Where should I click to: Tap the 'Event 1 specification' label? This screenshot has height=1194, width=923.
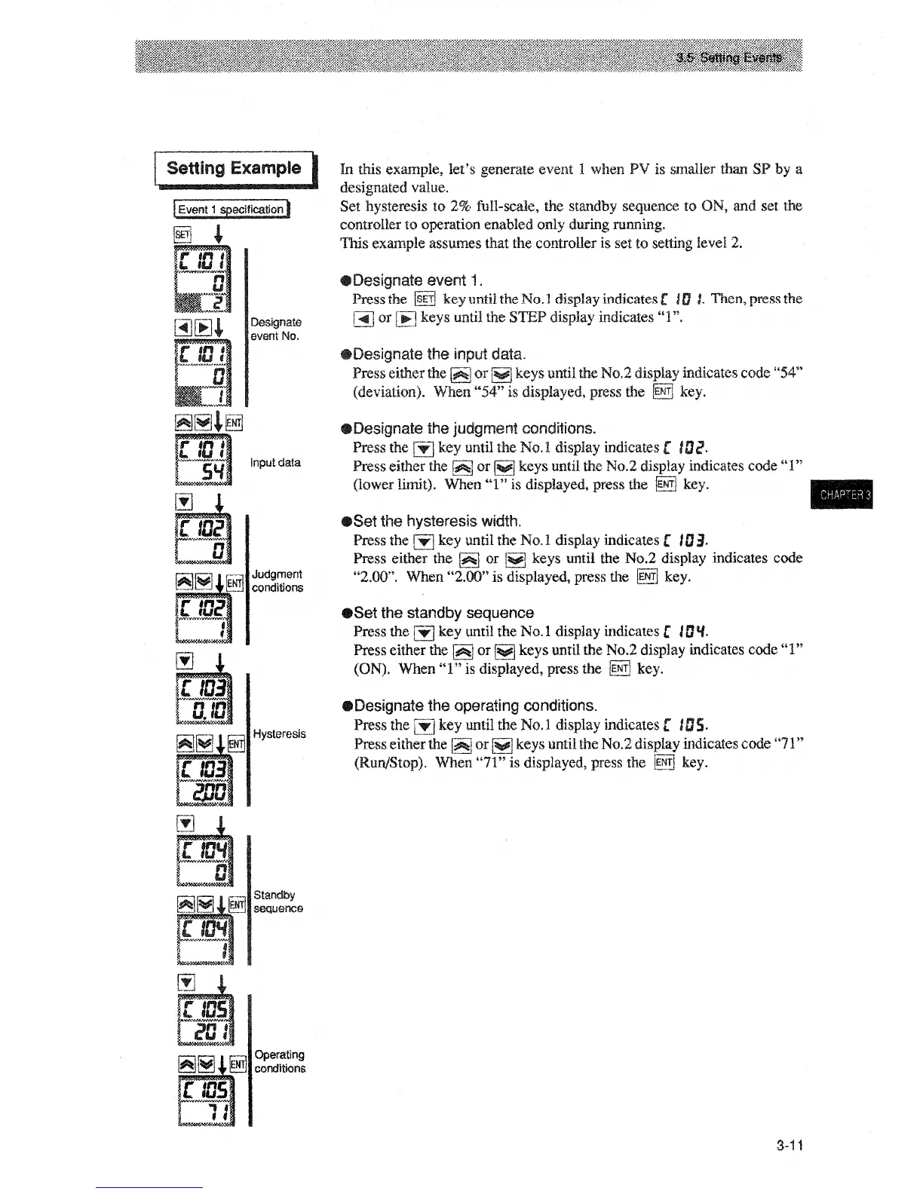(x=231, y=210)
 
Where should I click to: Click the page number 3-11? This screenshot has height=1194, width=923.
(x=790, y=1146)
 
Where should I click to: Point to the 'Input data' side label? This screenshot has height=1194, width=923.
(x=275, y=463)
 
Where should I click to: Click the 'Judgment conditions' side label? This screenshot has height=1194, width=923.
(x=278, y=581)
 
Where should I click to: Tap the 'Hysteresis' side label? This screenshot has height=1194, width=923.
(x=279, y=734)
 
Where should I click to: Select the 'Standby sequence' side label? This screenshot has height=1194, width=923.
(x=278, y=902)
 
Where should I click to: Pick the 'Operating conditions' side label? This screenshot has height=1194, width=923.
(x=279, y=1061)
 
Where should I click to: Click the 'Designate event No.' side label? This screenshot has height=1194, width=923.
(x=275, y=329)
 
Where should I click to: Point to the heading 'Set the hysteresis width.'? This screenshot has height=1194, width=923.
(x=437, y=521)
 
